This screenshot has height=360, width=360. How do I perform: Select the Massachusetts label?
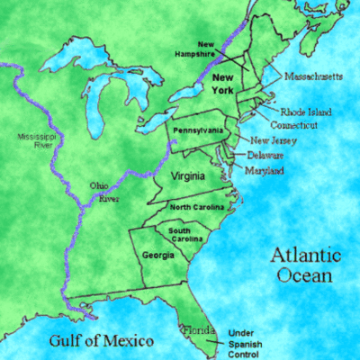pyautogui.click(x=313, y=77)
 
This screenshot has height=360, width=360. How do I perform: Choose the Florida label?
pyautogui.click(x=199, y=330)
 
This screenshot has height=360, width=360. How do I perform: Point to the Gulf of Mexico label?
pyautogui.click(x=100, y=341)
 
